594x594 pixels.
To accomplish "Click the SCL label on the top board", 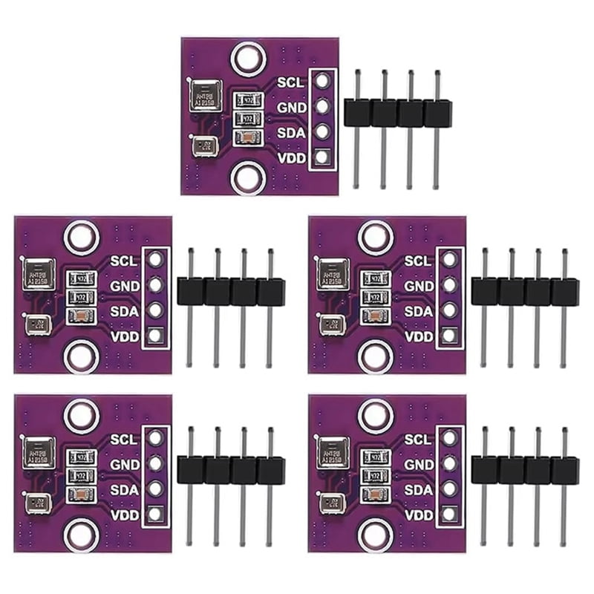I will click(x=290, y=82).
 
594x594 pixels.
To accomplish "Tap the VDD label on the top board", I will click(x=290, y=157).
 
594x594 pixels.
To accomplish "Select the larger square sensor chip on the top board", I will click(x=204, y=96).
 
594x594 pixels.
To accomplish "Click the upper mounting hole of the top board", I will click(x=247, y=59).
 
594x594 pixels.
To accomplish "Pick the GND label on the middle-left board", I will click(x=123, y=285).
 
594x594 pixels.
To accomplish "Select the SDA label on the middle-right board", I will click(x=418, y=311).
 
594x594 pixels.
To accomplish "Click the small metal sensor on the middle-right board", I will click(x=330, y=324).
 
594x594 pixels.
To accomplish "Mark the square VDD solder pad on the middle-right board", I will click(x=448, y=336).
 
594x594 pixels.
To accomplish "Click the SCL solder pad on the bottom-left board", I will click(x=154, y=438).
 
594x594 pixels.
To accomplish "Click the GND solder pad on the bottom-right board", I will click(x=448, y=463).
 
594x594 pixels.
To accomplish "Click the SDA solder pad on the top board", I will click(x=321, y=131).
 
